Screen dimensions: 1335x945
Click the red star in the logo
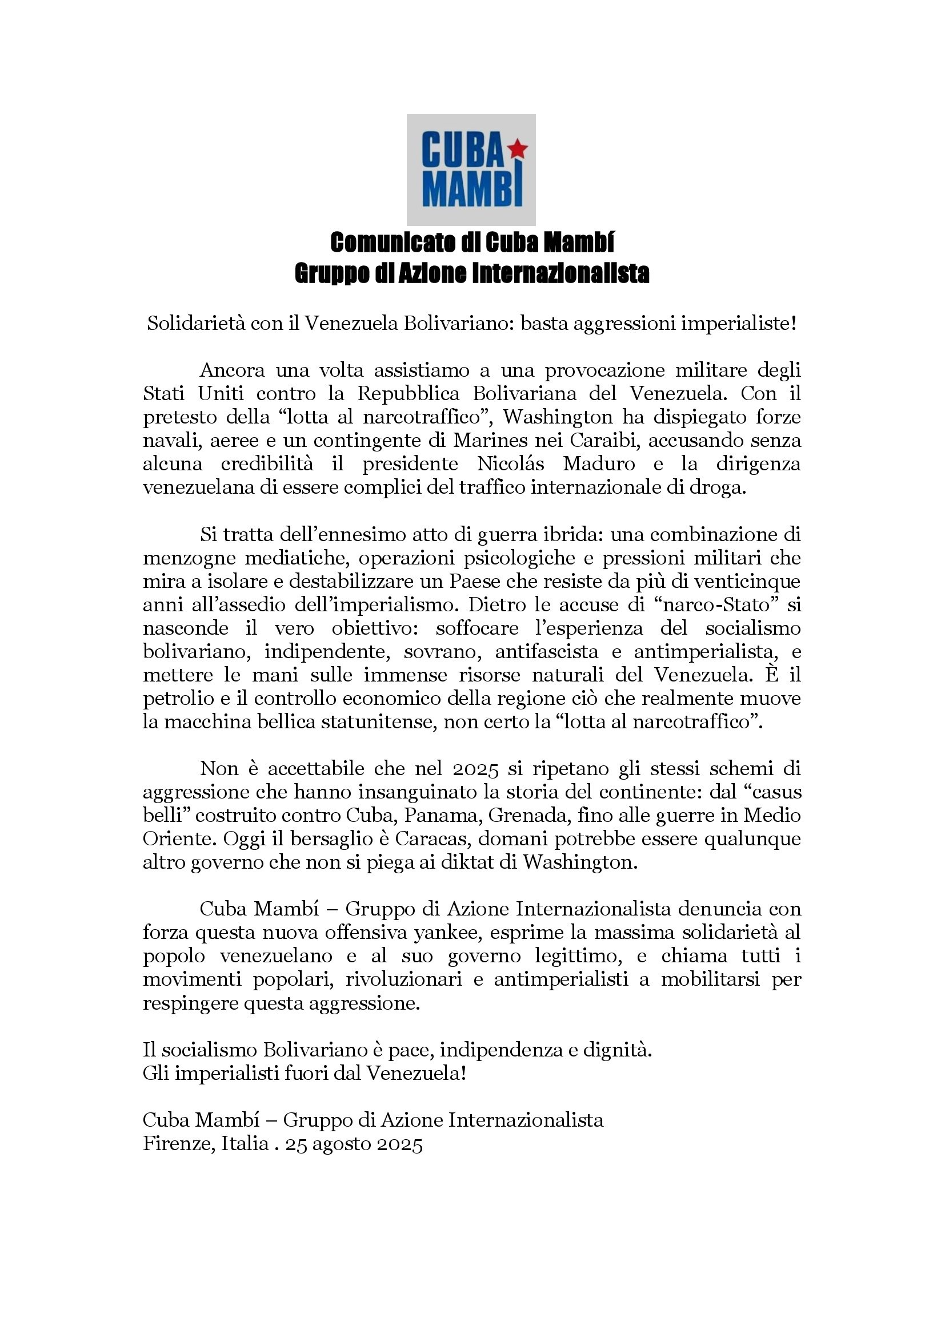tap(517, 150)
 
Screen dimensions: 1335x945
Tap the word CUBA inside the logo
tap(462, 150)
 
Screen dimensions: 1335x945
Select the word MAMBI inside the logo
tap(472, 189)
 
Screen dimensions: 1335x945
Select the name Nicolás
tap(511, 463)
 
